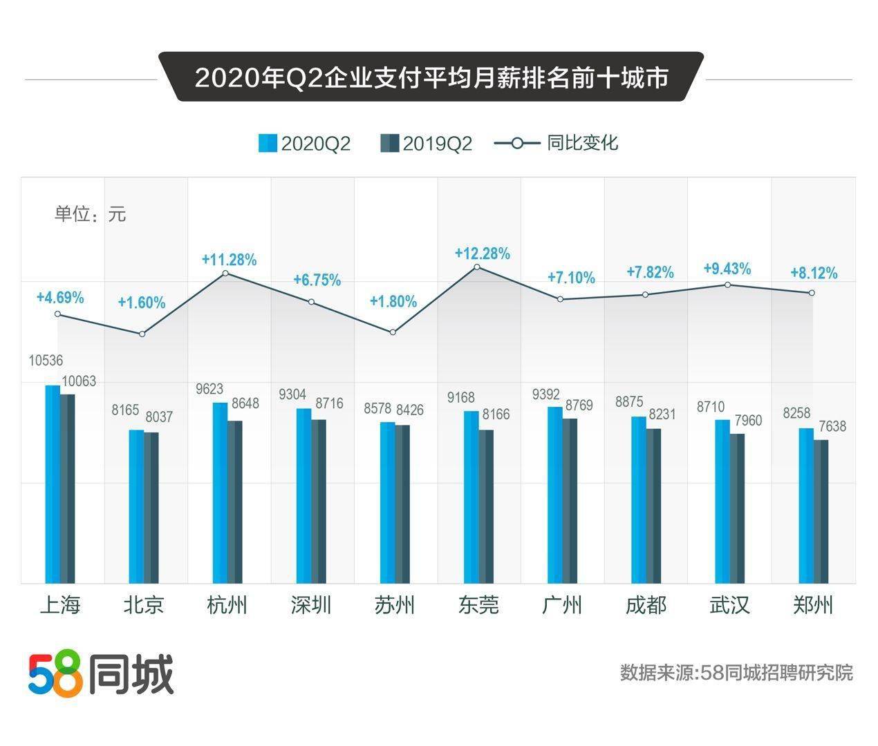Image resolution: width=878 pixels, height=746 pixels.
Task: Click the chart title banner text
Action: click(x=431, y=78)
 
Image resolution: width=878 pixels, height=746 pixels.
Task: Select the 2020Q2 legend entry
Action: click(x=305, y=144)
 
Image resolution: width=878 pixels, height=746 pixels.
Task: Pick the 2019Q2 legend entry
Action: click(x=427, y=144)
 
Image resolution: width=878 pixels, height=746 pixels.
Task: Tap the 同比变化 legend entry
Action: click(x=557, y=143)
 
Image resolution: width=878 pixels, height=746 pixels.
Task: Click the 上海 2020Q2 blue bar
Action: click(x=53, y=484)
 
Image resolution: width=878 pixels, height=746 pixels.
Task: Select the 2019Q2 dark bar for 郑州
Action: click(x=821, y=511)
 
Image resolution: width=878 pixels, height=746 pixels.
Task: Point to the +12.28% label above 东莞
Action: click(x=482, y=254)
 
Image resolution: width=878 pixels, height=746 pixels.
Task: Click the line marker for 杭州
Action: click(x=226, y=274)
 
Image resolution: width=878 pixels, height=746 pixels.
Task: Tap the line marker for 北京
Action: click(x=142, y=334)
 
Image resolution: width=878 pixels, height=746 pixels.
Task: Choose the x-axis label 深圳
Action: click(x=311, y=605)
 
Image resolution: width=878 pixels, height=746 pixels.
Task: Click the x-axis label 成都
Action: click(x=646, y=605)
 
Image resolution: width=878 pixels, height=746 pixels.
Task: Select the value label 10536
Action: click(x=46, y=361)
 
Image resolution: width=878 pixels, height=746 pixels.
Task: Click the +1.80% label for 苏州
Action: click(x=393, y=302)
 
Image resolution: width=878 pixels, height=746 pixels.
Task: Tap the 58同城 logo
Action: click(x=101, y=673)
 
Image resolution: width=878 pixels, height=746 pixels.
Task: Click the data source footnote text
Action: click(x=736, y=672)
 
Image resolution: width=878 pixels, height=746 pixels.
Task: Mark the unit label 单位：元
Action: click(x=90, y=214)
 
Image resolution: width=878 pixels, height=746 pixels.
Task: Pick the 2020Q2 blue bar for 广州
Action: click(x=555, y=495)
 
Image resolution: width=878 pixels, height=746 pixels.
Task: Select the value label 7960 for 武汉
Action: click(x=748, y=420)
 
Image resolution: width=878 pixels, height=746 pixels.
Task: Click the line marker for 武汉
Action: click(x=728, y=285)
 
